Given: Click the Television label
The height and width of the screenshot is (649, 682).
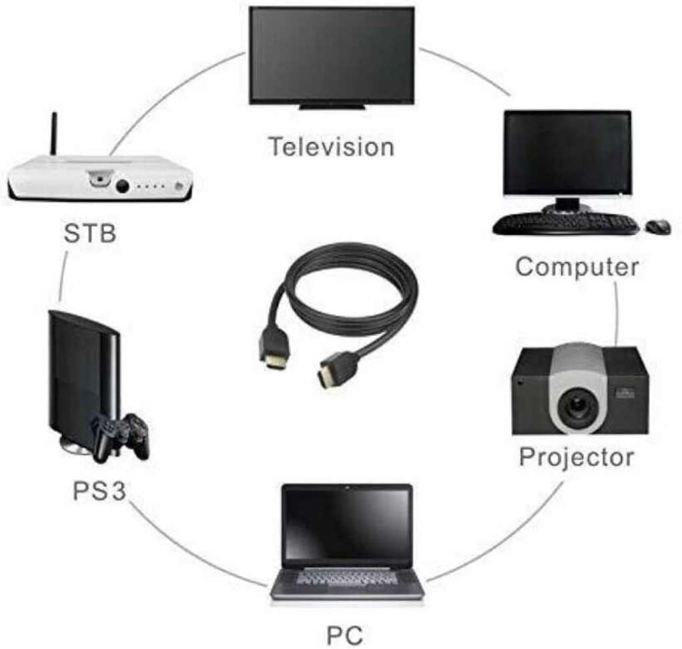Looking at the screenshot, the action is point(332,147).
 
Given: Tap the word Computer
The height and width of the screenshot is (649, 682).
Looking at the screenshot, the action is point(577,267).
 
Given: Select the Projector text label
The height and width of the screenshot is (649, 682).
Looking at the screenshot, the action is point(577,458).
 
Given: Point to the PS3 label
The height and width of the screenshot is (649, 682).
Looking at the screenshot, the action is point(99,491).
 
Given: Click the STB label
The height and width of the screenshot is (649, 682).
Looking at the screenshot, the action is point(90,233).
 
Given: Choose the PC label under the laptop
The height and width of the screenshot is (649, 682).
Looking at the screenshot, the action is point(344,635).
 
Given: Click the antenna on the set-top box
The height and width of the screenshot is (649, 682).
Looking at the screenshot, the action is point(54,134).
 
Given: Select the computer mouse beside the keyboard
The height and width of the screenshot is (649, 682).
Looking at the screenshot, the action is point(658,227).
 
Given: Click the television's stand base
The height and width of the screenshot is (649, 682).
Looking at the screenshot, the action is point(332,107).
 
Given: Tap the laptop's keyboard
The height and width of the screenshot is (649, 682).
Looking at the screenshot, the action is point(346,578).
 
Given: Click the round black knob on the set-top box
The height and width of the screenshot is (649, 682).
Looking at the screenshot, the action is point(122,186).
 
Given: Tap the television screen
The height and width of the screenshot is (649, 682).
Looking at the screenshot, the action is point(332,55).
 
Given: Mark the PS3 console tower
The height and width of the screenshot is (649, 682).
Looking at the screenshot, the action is point(83,379).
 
